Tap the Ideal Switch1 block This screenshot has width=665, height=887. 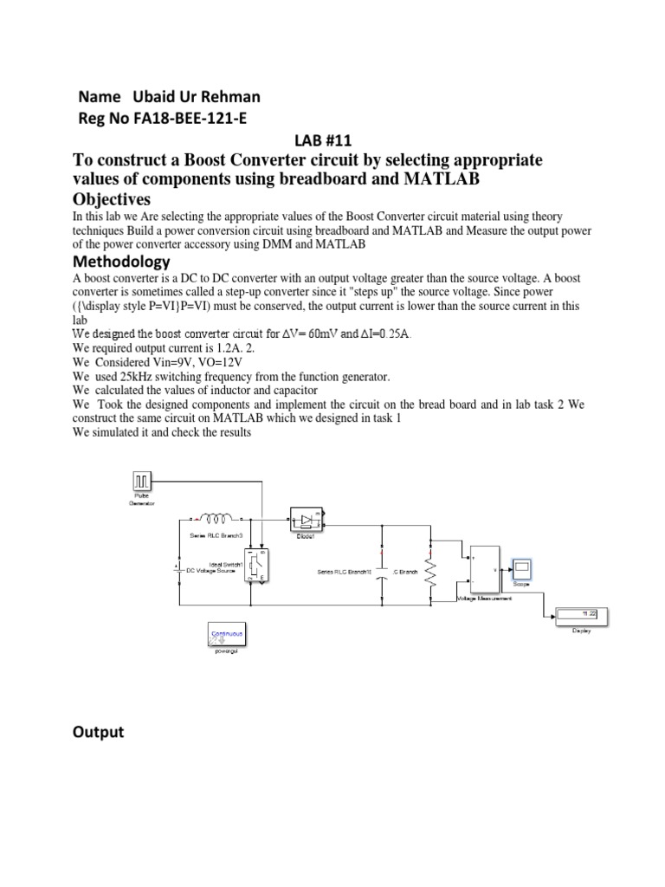(258, 565)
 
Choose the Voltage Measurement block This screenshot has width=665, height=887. (482, 571)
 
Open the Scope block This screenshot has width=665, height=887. (522, 569)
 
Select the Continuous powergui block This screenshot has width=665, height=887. (225, 635)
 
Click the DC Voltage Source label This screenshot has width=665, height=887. (215, 571)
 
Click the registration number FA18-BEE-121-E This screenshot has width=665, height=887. (189, 119)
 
